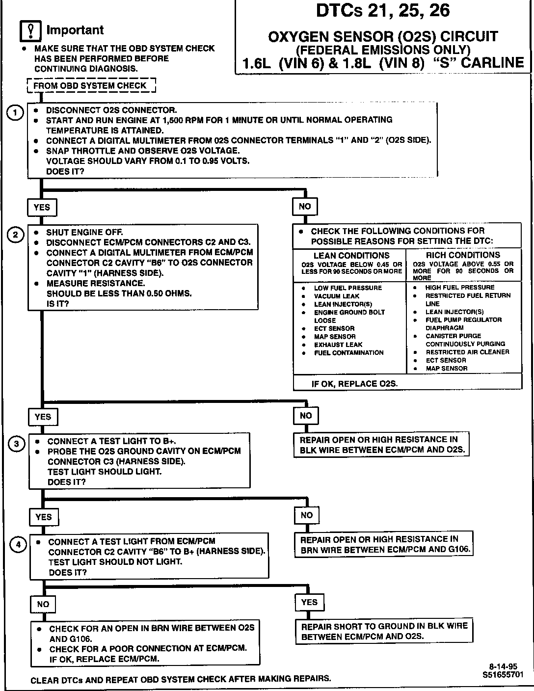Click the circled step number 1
pyautogui.click(x=15, y=113)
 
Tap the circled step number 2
pyautogui.click(x=15, y=235)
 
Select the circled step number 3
pyautogui.click(x=16, y=444)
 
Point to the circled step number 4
pyautogui.click(x=18, y=544)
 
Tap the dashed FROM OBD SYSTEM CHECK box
pyautogui.click(x=91, y=86)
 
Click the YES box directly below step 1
pyautogui.click(x=42, y=208)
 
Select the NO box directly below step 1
pyautogui.click(x=305, y=207)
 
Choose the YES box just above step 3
pyautogui.click(x=43, y=417)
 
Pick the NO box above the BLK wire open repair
pyautogui.click(x=306, y=416)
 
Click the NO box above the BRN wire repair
pyautogui.click(x=307, y=515)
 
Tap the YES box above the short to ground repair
pyautogui.click(x=309, y=603)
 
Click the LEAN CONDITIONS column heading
pyautogui.click(x=351, y=256)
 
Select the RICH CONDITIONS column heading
pyautogui.click(x=463, y=255)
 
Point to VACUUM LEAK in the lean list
pyautogui.click(x=337, y=296)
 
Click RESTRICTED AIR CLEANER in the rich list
pyautogui.click(x=467, y=352)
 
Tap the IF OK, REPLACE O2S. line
pyautogui.click(x=354, y=384)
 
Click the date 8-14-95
pyautogui.click(x=503, y=666)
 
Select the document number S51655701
pyautogui.click(x=503, y=675)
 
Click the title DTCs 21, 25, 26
pyautogui.click(x=382, y=11)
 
